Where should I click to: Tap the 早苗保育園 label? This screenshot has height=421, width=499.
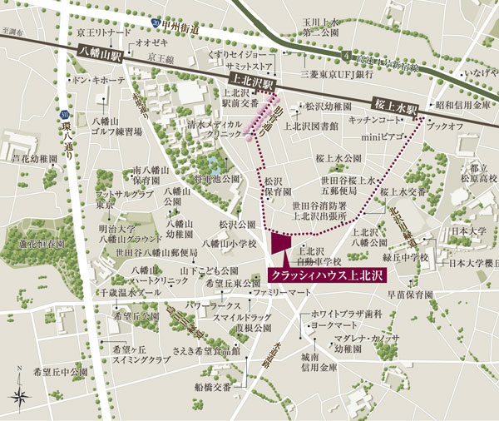410,294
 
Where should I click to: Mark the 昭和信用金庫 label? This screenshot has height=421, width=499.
462,106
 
